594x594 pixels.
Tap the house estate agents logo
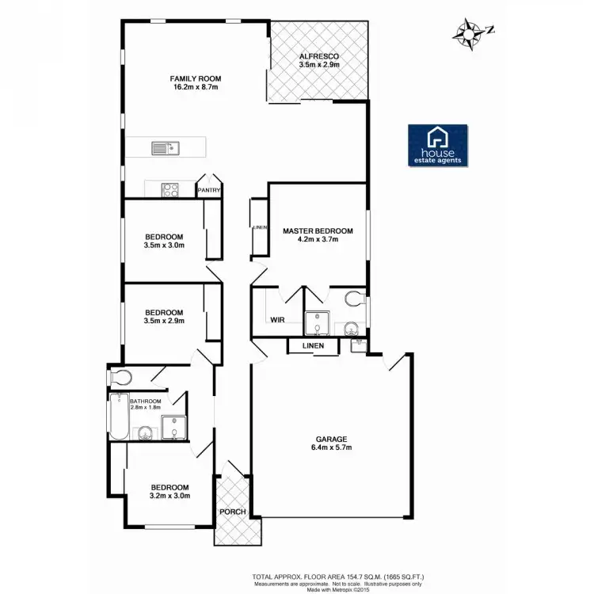pyautogui.click(x=437, y=146)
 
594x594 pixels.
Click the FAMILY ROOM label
pyautogui.click(x=195, y=78)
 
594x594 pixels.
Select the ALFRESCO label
pyautogui.click(x=319, y=57)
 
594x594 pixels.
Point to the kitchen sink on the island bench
pyautogui.click(x=166, y=147)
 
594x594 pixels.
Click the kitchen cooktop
pyautogui.click(x=169, y=189)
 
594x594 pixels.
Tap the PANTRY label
pyautogui.click(x=208, y=191)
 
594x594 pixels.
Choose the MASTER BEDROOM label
pyautogui.click(x=317, y=230)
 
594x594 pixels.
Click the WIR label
pyautogui.click(x=277, y=320)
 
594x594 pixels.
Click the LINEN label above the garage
pyautogui.click(x=311, y=346)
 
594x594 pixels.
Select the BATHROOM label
pyautogui.click(x=145, y=402)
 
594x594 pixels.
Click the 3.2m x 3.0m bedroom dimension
pyautogui.click(x=169, y=497)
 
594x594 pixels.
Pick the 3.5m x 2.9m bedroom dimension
pyautogui.click(x=164, y=322)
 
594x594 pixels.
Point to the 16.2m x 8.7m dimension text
pyautogui.click(x=195, y=87)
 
